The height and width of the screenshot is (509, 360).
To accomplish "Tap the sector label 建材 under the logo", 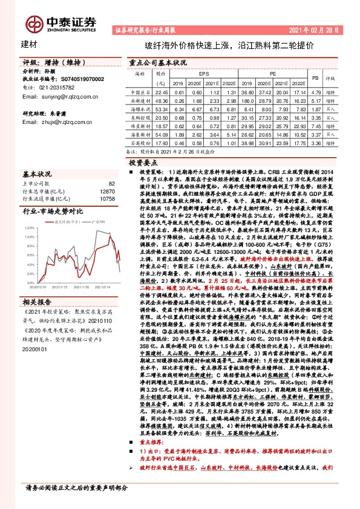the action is pyautogui.click(x=28, y=45).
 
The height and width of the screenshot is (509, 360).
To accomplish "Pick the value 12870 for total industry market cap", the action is pyautogui.click(x=107, y=191).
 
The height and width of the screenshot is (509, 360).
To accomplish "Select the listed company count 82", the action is pyautogui.click(x=111, y=183).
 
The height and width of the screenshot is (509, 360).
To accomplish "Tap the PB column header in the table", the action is pyautogui.click(x=315, y=79).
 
